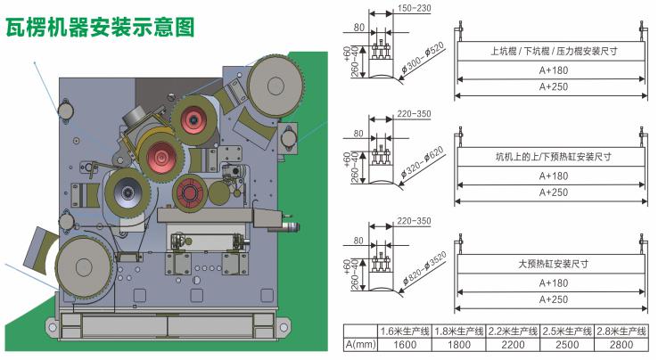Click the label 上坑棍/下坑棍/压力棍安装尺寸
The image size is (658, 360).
point(554,52)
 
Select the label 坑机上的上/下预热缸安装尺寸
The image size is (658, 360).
point(554,158)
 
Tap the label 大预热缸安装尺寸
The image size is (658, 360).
point(554,264)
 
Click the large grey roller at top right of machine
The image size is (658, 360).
point(273,85)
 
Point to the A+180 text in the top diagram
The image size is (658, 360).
point(554,70)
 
